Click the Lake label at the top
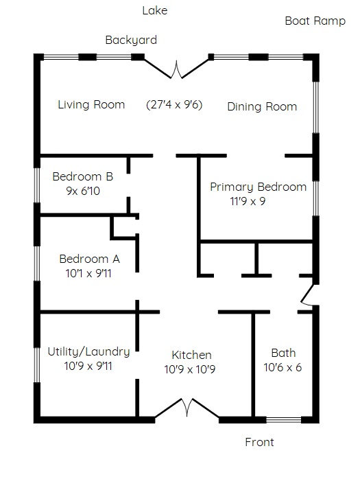pyautogui.click(x=155, y=11)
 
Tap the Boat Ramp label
pyautogui.click(x=315, y=21)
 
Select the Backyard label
pyautogui.click(x=131, y=40)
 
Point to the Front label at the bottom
pyautogui.click(x=259, y=442)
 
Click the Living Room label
pyautogui.click(x=91, y=104)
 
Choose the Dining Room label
pyautogui.click(x=262, y=107)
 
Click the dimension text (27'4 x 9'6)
pyautogui.click(x=174, y=104)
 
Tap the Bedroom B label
pyautogui.click(x=83, y=176)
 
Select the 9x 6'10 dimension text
pyautogui.click(x=83, y=191)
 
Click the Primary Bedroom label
pyautogui.click(x=258, y=187)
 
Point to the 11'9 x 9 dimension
pyautogui.click(x=248, y=201)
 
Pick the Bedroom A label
pyautogui.click(x=89, y=259)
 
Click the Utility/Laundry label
pyautogui.click(x=88, y=351)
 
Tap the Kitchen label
pyautogui.click(x=191, y=355)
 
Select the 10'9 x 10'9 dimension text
pyautogui.click(x=190, y=369)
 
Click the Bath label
pyautogui.click(x=283, y=353)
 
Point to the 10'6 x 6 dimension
pyautogui.click(x=283, y=367)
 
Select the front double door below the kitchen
pyautogui.click(x=187, y=408)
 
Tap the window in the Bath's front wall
pyautogui.click(x=284, y=420)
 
